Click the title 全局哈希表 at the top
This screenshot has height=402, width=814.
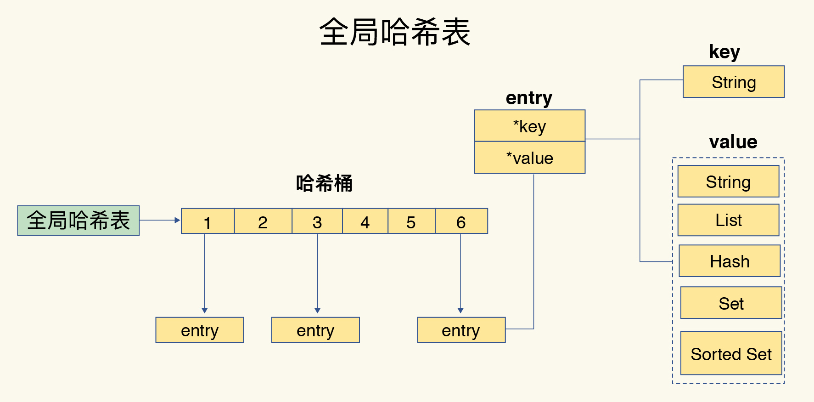click(395, 32)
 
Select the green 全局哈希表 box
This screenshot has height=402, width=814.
click(79, 221)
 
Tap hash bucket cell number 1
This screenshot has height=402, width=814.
click(208, 221)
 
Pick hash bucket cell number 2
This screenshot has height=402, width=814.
click(263, 221)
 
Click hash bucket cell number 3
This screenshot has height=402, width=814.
click(317, 221)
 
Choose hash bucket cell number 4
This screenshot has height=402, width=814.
click(365, 221)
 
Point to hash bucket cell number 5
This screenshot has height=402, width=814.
click(411, 221)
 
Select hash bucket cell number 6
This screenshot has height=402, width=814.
click(461, 221)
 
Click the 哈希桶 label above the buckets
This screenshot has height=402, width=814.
click(324, 183)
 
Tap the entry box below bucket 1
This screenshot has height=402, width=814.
click(200, 330)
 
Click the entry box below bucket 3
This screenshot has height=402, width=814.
click(315, 330)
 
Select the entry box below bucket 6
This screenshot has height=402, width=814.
click(461, 330)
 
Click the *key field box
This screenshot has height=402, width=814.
click(529, 126)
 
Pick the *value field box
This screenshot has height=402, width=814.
click(529, 158)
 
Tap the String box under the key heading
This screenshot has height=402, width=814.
click(734, 82)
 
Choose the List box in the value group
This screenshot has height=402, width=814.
click(729, 220)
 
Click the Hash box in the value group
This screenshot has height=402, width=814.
click(730, 261)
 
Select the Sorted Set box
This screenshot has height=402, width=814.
click(731, 353)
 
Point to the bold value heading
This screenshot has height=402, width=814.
click(733, 142)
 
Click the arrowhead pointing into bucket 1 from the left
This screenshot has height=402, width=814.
click(177, 220)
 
